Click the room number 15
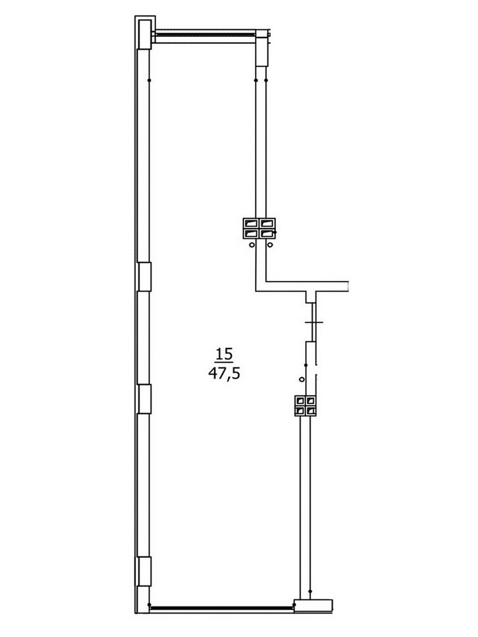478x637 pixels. click(224, 354)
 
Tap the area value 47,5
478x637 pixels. click(224, 373)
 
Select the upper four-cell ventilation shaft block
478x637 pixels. click(259, 228)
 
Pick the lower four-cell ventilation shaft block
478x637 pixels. click(305, 405)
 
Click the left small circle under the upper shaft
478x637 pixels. click(252, 245)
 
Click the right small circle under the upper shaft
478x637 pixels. click(270, 245)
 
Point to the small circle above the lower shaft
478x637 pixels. click(301, 380)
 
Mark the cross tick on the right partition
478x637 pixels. click(314, 322)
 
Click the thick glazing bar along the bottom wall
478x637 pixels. click(222, 608)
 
